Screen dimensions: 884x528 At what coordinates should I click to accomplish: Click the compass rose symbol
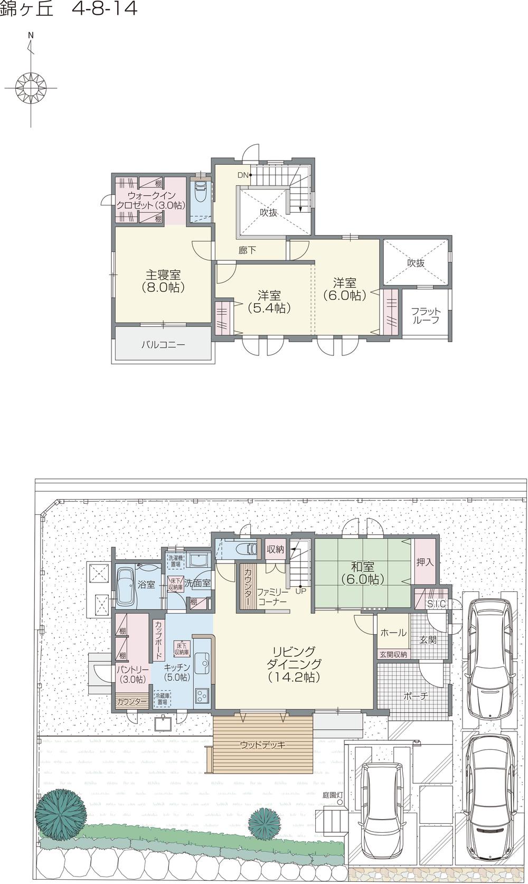pos(31,85)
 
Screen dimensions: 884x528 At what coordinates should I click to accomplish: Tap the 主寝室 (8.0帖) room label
pos(163,280)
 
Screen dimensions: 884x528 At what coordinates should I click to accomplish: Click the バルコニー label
pos(163,345)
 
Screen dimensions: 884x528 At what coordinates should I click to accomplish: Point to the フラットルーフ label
pos(426,315)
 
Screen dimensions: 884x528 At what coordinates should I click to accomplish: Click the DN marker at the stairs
pos(243,175)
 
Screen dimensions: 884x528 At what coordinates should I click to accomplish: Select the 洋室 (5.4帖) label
pos(269,301)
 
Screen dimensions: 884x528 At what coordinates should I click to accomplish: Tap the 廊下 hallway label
pos(247,250)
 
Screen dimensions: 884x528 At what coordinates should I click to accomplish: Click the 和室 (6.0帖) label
pos(363,572)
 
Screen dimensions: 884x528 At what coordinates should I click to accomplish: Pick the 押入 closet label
pos(425,562)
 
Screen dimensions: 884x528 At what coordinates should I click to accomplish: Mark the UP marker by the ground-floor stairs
pos(300,590)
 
